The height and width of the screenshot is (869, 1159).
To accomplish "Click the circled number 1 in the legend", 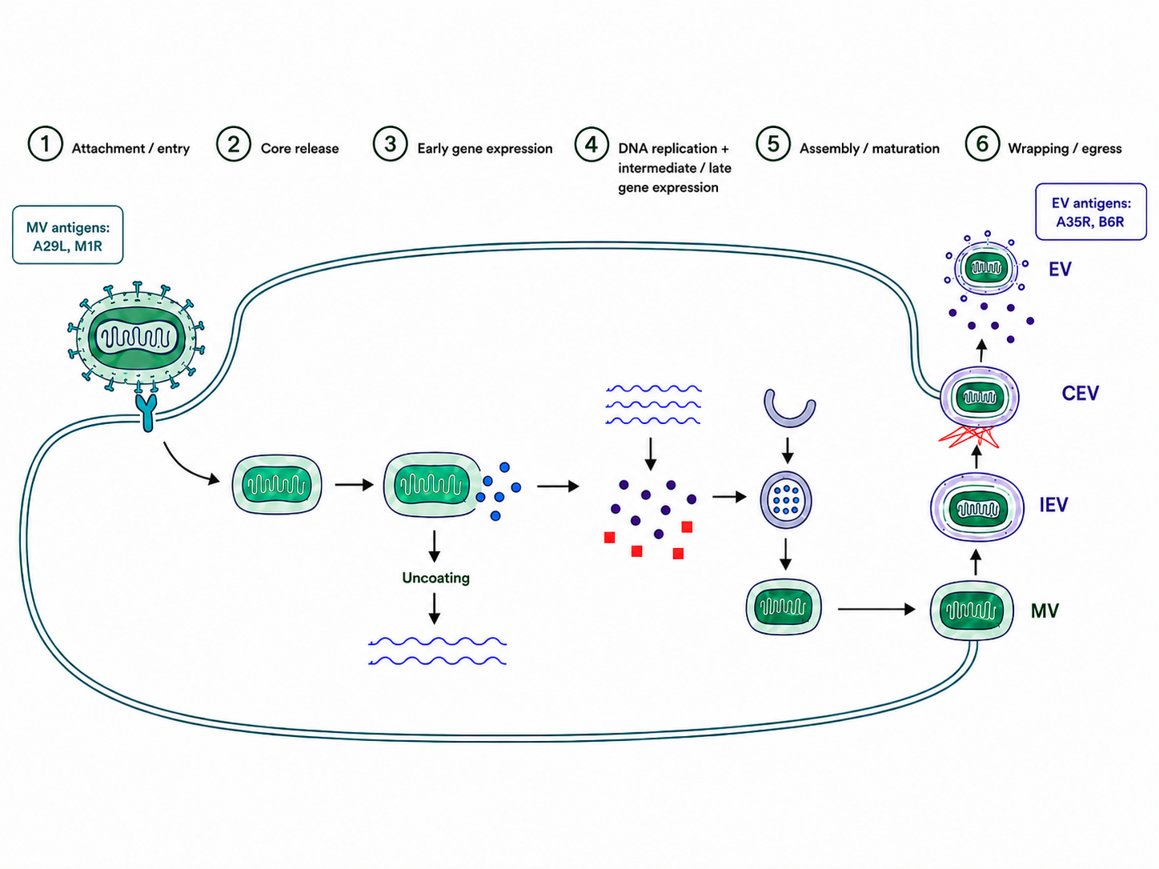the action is [46, 144].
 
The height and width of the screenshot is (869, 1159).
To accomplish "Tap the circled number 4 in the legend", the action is [592, 144].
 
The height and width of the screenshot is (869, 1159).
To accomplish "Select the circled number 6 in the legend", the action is [982, 144].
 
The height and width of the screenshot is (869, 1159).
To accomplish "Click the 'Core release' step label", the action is [299, 149].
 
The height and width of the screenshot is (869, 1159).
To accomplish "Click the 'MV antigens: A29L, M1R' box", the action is [67, 234].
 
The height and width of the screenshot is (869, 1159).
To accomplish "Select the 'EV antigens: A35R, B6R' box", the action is [1091, 211].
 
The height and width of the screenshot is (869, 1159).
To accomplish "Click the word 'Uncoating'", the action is [435, 579].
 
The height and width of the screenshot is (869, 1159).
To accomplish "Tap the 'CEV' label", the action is [1081, 393].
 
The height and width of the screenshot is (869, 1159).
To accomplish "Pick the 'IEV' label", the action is [1053, 505].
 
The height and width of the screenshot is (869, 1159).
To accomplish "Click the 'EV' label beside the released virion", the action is [1060, 269].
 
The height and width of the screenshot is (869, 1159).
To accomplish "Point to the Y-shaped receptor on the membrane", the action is [147, 411].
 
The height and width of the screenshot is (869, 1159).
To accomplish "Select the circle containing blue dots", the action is [786, 499].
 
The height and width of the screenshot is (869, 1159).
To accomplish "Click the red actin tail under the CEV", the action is [969, 438].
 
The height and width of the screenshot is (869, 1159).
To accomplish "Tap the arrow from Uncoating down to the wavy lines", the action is [434, 608].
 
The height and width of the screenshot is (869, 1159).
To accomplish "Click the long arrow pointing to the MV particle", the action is [876, 610].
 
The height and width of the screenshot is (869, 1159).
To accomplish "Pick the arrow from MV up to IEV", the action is [976, 563].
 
